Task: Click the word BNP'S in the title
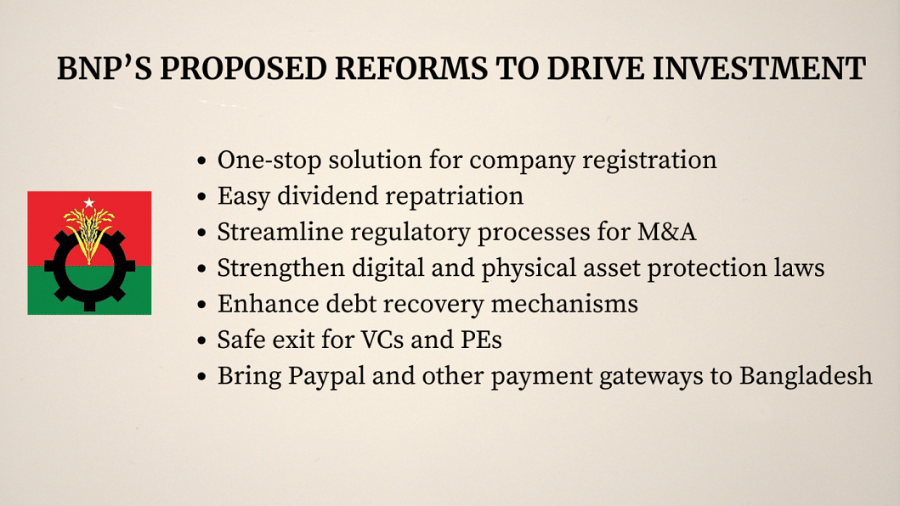pyautogui.click(x=104, y=69)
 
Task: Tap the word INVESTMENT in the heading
pyautogui.click(x=759, y=69)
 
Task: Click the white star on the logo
pyautogui.click(x=89, y=203)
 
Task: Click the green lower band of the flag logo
pyautogui.click(x=89, y=290)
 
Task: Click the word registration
pyautogui.click(x=649, y=161)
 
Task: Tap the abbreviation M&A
pyautogui.click(x=666, y=233)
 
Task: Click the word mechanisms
pyautogui.click(x=564, y=304)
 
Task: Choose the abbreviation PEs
pyautogui.click(x=481, y=340)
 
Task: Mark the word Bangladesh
pyautogui.click(x=806, y=376)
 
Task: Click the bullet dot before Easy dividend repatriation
pyautogui.click(x=201, y=197)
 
